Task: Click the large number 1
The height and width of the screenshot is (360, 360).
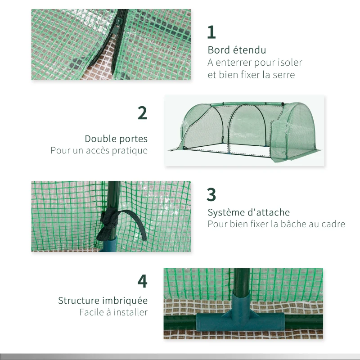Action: pos(211,32)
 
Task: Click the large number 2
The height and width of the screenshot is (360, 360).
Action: pos(142,113)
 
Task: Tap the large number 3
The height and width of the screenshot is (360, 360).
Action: pos(211,195)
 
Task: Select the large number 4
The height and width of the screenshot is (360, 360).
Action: pos(142,281)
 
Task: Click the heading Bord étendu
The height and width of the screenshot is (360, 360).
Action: pos(237,50)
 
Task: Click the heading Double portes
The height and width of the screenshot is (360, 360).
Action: pos(116,139)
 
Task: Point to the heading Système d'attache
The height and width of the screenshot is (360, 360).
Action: pos(248,212)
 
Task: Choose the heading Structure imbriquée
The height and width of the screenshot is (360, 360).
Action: pos(103,300)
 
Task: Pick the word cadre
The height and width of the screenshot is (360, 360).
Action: pos(333,224)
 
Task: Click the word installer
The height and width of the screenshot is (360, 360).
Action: pos(129,312)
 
